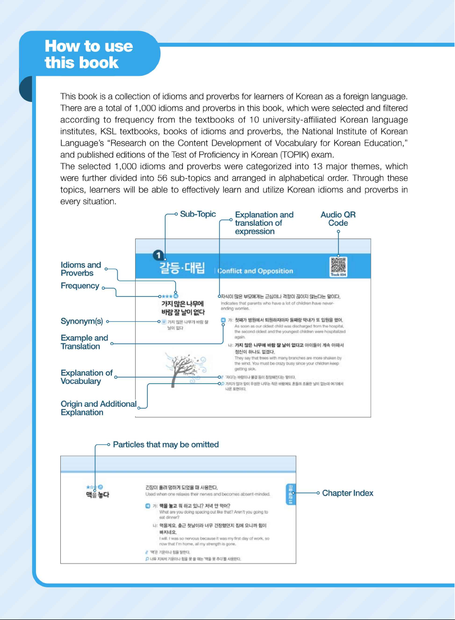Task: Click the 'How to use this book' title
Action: click(88, 54)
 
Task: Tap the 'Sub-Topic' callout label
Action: click(198, 214)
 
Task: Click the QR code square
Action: click(338, 265)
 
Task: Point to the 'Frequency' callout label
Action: click(80, 286)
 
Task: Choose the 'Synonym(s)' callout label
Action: click(81, 321)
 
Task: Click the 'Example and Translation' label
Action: click(84, 342)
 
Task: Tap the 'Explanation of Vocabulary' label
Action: click(87, 377)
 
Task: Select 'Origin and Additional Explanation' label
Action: click(98, 408)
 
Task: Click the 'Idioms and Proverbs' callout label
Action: click(81, 269)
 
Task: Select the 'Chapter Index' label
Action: click(348, 493)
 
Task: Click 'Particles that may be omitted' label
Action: click(166, 445)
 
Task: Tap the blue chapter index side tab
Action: click(290, 494)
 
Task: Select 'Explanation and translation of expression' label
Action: click(264, 223)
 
